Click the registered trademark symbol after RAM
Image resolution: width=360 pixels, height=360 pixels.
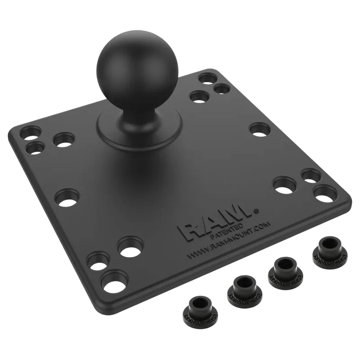[256, 209]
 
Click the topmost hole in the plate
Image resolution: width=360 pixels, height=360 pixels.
[207, 78]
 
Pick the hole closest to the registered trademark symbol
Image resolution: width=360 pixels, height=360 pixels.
[282, 184]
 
